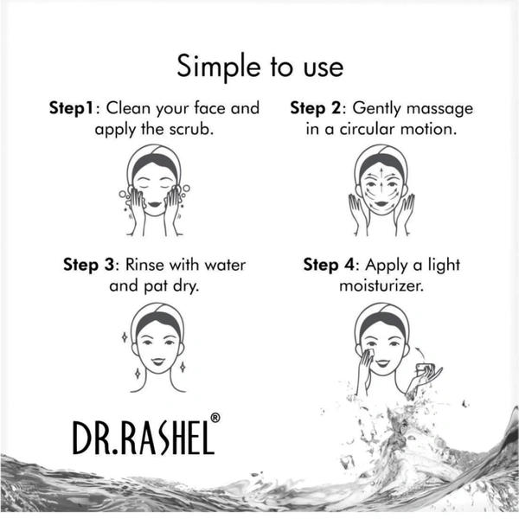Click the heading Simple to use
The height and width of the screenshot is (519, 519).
pos(260,67)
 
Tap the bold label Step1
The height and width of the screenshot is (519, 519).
pos(71,109)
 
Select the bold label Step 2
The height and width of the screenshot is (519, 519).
pos(315,109)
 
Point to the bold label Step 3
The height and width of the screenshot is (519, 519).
pos(88,266)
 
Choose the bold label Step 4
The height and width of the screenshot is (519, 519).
pos(329,266)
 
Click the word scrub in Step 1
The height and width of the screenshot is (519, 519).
pos(190,129)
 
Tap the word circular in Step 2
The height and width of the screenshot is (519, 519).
pos(368,129)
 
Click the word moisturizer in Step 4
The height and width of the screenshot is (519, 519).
pos(381,286)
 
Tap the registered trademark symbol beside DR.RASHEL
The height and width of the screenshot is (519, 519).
pos(215,418)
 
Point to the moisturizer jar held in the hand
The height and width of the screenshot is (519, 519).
pos(425,368)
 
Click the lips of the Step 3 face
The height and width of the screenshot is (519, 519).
pos(158,362)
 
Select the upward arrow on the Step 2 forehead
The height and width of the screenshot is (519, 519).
pos(381,174)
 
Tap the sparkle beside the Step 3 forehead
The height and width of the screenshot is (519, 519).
pos(125,337)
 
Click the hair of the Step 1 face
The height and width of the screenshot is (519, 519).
pos(155,163)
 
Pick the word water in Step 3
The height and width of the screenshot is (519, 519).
pos(225,266)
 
